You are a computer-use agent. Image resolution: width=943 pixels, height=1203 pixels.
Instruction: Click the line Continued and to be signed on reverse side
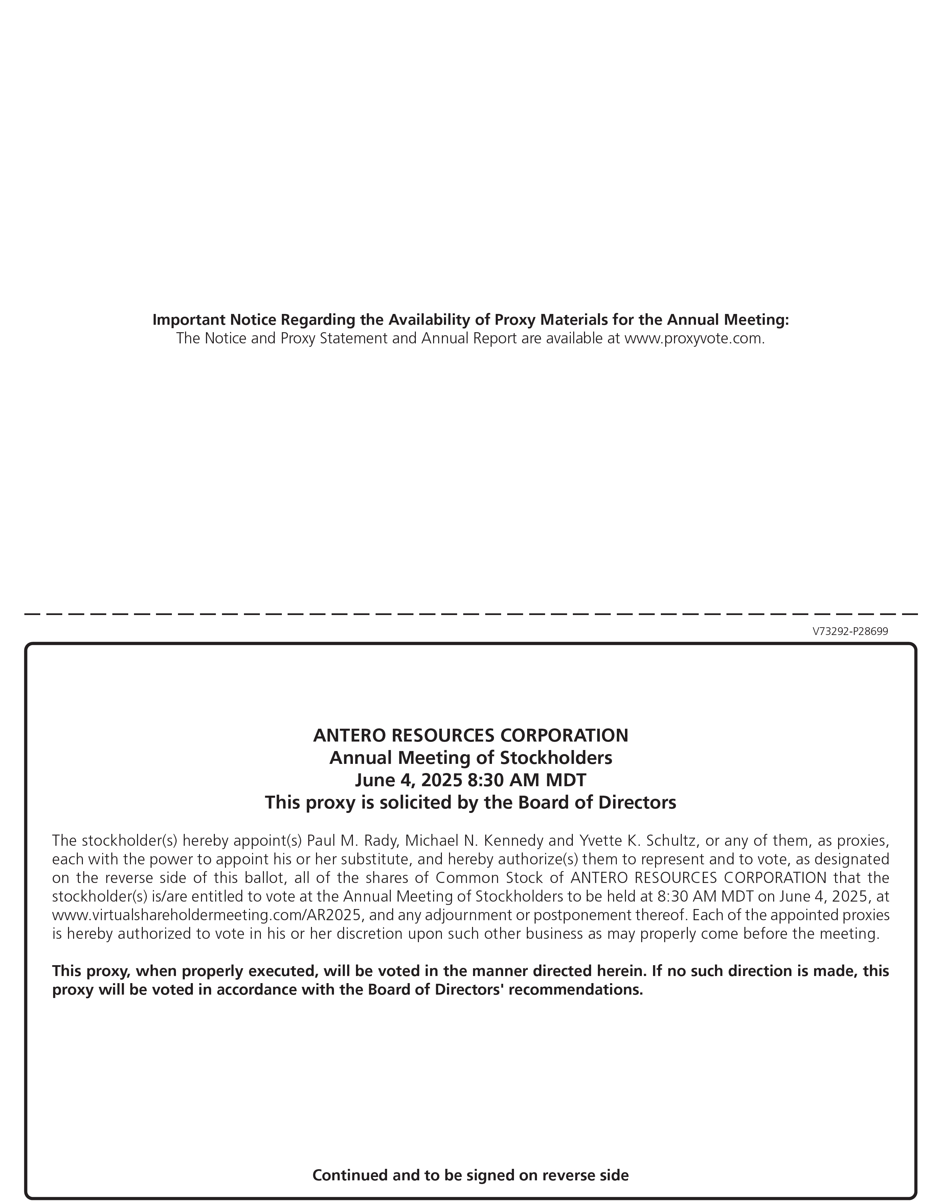pos(470,1175)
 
